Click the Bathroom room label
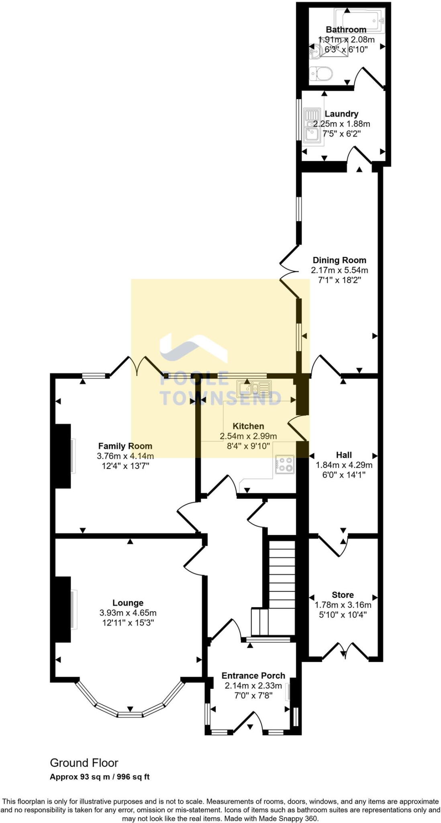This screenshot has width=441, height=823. pyautogui.click(x=346, y=29)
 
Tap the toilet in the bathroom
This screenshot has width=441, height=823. pyautogui.click(x=321, y=74)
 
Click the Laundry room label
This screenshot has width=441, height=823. pyautogui.click(x=341, y=114)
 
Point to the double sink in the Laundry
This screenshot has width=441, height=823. pyautogui.click(x=312, y=125)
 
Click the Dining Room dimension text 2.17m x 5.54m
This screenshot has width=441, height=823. pyautogui.click(x=339, y=270)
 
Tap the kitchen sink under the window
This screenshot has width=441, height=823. pyautogui.click(x=254, y=389)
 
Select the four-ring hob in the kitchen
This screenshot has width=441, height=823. pyautogui.click(x=285, y=465)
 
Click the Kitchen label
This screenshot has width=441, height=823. pyautogui.click(x=248, y=426)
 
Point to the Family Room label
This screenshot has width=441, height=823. pyautogui.click(x=125, y=446)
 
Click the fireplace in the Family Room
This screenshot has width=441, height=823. pyautogui.click(x=63, y=456)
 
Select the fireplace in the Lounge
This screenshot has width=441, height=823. pyautogui.click(x=63, y=609)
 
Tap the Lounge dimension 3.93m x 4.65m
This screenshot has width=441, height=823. pyautogui.click(x=128, y=613)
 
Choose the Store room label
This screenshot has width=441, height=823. pyautogui.click(x=343, y=595)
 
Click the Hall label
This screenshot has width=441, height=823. pyautogui.click(x=344, y=455)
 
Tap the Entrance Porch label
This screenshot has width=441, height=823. pyautogui.click(x=253, y=676)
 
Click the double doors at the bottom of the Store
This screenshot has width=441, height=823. pyautogui.click(x=345, y=651)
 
